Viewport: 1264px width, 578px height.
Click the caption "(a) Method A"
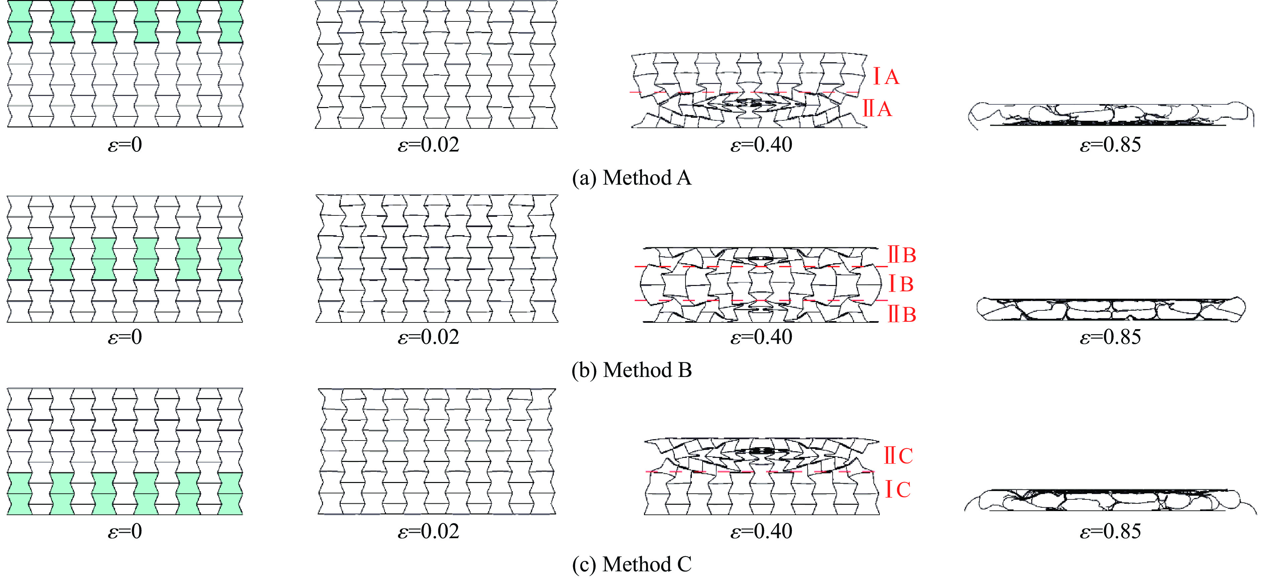(632, 178)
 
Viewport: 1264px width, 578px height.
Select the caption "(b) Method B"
(632, 370)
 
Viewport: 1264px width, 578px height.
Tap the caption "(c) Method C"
(632, 564)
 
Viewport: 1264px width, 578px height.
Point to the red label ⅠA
(886, 77)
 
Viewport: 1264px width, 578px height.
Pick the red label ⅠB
(901, 284)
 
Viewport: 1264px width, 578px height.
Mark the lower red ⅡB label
(902, 314)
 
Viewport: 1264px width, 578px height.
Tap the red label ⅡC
(898, 456)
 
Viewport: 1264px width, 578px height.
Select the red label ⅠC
(898, 489)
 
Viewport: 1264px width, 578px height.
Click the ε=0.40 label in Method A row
(761, 145)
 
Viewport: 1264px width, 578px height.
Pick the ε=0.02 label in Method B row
(428, 337)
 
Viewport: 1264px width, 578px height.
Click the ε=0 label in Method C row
(125, 532)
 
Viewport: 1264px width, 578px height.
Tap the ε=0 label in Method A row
(125, 145)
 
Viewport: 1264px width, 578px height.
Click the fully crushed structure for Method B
(1111, 309)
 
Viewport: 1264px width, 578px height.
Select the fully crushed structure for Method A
(1111, 116)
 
